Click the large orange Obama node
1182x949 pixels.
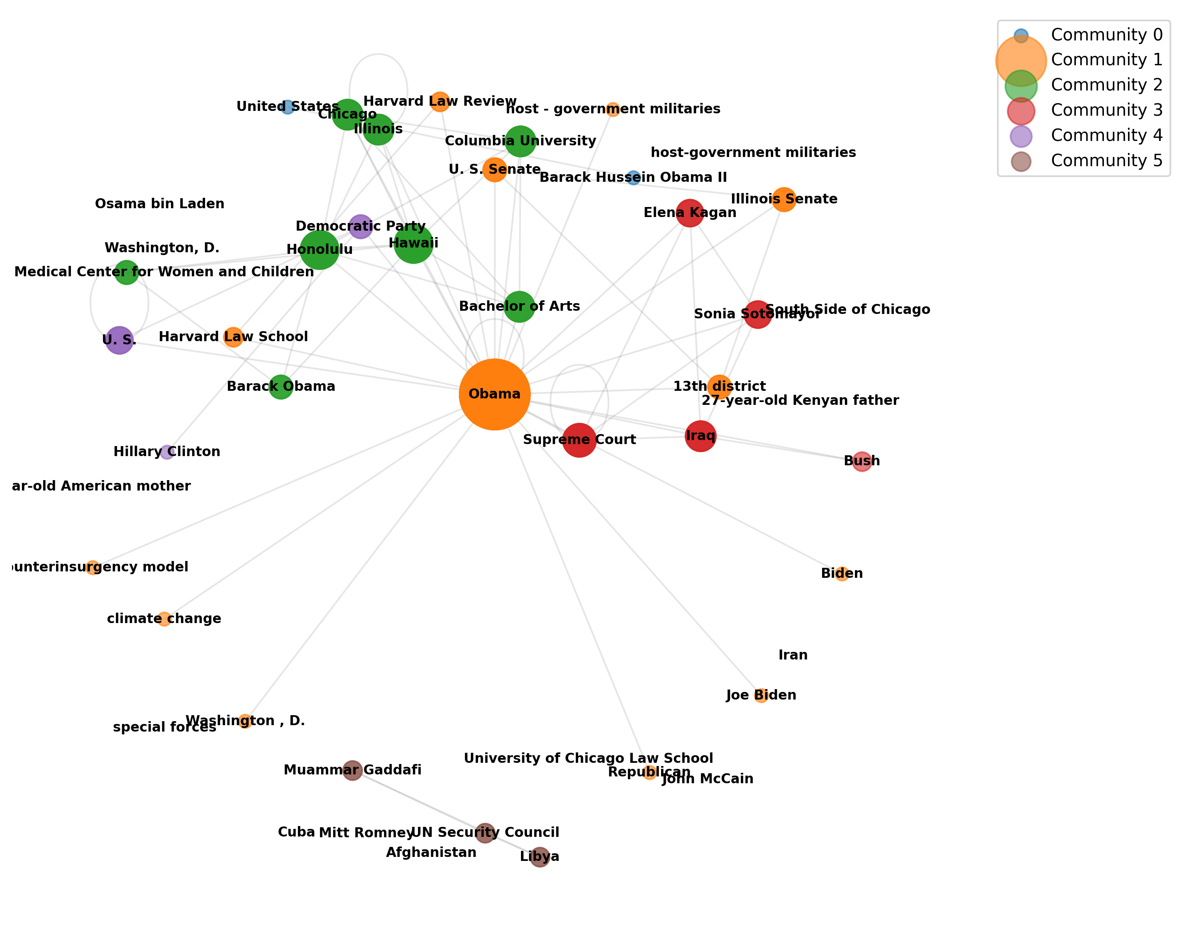[x=495, y=394]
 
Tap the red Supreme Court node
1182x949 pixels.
[x=579, y=440]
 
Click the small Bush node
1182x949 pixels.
[x=862, y=461]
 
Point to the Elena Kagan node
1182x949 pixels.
[x=689, y=213]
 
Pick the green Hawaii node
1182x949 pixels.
[x=413, y=243]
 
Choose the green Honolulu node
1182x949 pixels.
[x=320, y=250]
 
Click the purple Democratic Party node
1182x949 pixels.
[x=361, y=226]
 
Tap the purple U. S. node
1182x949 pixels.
[x=119, y=340]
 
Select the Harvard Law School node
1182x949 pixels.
[x=233, y=337]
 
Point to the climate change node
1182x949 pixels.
[x=164, y=619]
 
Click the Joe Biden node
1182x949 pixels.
[x=761, y=696]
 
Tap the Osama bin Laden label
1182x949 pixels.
[x=159, y=204]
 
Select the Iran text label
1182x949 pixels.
[x=793, y=655]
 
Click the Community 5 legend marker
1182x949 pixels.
[x=1021, y=161]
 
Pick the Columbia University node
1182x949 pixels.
[x=520, y=141]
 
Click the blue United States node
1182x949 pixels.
[x=287, y=107]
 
